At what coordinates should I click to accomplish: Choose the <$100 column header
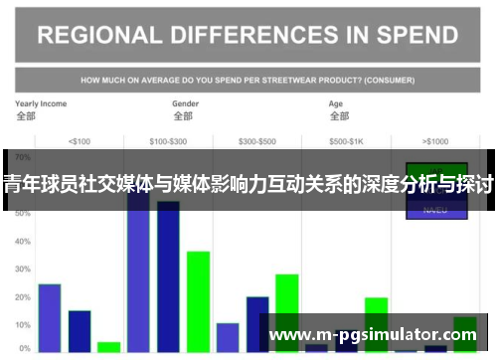click(79, 140)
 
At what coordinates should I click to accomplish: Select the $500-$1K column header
click(346, 140)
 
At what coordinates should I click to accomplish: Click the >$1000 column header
click(434, 140)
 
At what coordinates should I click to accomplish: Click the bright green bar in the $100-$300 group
click(198, 301)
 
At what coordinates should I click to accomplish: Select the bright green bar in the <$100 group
click(108, 347)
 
